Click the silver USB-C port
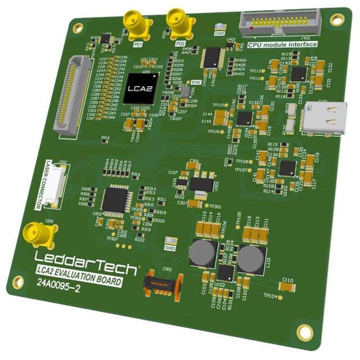pyautogui.click(x=323, y=119)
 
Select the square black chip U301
pyautogui.click(x=116, y=199)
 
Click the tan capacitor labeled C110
pyautogui.click(x=287, y=287)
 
